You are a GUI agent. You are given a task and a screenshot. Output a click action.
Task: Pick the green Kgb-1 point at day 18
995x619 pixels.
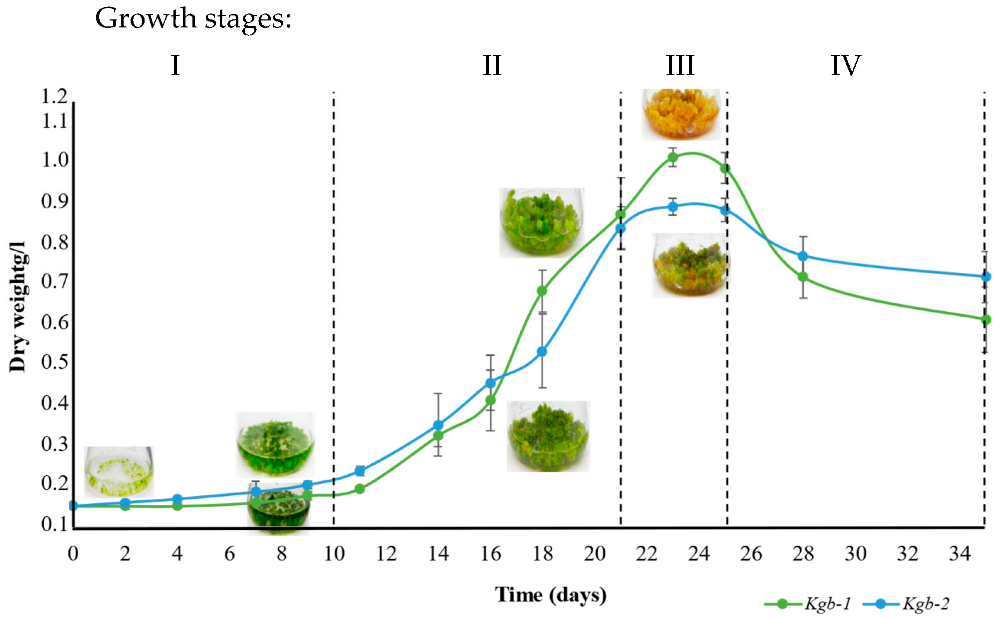click(x=542, y=291)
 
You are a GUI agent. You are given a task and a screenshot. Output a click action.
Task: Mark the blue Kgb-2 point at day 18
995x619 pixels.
click(x=542, y=352)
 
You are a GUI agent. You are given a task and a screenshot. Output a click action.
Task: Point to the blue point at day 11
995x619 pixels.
click(x=360, y=471)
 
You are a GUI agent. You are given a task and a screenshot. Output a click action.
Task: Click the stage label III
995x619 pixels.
click(x=680, y=66)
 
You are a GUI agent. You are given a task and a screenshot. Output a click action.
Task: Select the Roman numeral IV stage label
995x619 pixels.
click(x=845, y=66)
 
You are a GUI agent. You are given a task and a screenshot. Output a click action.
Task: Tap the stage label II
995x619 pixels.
click(x=492, y=66)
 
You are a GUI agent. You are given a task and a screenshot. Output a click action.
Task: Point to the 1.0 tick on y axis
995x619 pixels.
click(x=55, y=160)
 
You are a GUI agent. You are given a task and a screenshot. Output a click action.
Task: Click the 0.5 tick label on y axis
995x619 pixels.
click(x=55, y=362)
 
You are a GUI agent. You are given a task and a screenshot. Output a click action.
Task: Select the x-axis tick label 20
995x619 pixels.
click(x=594, y=554)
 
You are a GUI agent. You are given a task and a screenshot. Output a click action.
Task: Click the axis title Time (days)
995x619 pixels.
click(x=550, y=594)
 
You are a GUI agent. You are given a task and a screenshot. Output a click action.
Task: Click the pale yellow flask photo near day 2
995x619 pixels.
click(x=119, y=472)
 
